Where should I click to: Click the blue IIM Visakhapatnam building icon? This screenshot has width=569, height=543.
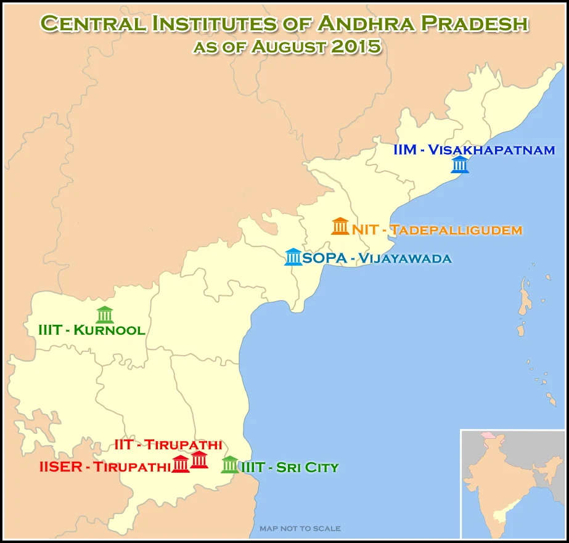coord(460,165)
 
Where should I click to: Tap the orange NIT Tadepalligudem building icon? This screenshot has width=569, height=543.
coord(340,226)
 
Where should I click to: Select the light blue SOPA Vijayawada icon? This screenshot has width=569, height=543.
coord(293,257)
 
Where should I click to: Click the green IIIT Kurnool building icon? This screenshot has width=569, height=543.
coord(105,314)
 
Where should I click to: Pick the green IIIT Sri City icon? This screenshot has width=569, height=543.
coord(230,465)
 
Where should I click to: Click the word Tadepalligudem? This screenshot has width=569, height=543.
coord(456,230)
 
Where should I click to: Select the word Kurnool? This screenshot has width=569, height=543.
coord(109,330)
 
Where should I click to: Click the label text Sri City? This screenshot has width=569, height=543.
coord(307,468)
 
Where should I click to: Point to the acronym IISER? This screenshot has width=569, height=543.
coord(60,467)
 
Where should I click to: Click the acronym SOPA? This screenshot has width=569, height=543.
coord(324,258)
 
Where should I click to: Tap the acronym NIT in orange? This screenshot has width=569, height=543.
coord(365,230)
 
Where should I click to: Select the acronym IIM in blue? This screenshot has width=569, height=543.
coord(404,150)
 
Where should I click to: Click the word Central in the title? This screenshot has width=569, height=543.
coord(92,23)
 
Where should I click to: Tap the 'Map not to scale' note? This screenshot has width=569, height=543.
coord(300,529)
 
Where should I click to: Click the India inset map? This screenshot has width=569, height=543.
coord(512,484)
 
